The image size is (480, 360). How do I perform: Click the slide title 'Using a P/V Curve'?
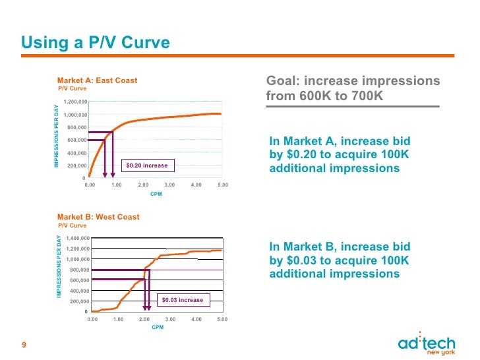[x=96, y=43]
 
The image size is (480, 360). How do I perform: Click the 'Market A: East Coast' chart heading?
[x=97, y=80]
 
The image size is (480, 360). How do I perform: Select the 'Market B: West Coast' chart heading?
[x=98, y=217]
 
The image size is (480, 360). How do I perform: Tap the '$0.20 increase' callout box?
[x=146, y=165]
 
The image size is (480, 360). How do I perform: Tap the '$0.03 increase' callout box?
[x=183, y=300]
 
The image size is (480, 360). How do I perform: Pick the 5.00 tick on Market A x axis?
[x=222, y=185]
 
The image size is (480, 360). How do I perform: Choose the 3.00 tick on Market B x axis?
[x=170, y=319]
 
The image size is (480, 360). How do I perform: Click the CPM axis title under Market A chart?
[x=156, y=195]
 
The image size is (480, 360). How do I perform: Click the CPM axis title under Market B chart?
[x=158, y=327]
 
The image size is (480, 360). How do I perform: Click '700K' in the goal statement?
[x=366, y=96]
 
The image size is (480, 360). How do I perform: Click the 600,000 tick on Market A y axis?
[x=76, y=140]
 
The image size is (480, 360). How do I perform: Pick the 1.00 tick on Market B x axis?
[x=118, y=319]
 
